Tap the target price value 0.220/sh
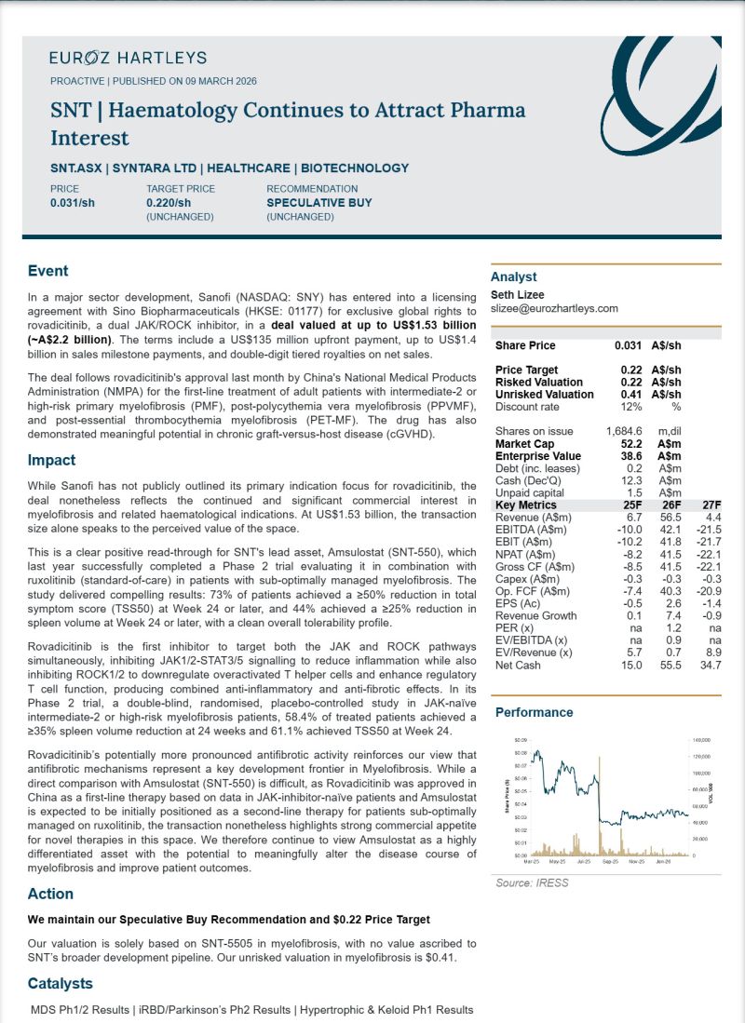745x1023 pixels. pyautogui.click(x=169, y=202)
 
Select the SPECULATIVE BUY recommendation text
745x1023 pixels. pyautogui.click(x=319, y=202)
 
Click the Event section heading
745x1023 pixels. pyautogui.click(x=47, y=271)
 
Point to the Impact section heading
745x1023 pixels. pyautogui.click(x=51, y=460)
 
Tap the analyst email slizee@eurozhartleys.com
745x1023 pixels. pyautogui.click(x=554, y=308)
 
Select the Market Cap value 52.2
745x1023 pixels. pyautogui.click(x=633, y=444)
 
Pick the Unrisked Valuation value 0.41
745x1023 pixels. pyautogui.click(x=634, y=394)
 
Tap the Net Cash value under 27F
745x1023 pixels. pyautogui.click(x=710, y=665)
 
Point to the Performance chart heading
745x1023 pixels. pyautogui.click(x=534, y=712)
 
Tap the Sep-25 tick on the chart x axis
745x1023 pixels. pyautogui.click(x=610, y=861)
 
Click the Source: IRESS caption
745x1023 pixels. pyautogui.click(x=531, y=882)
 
